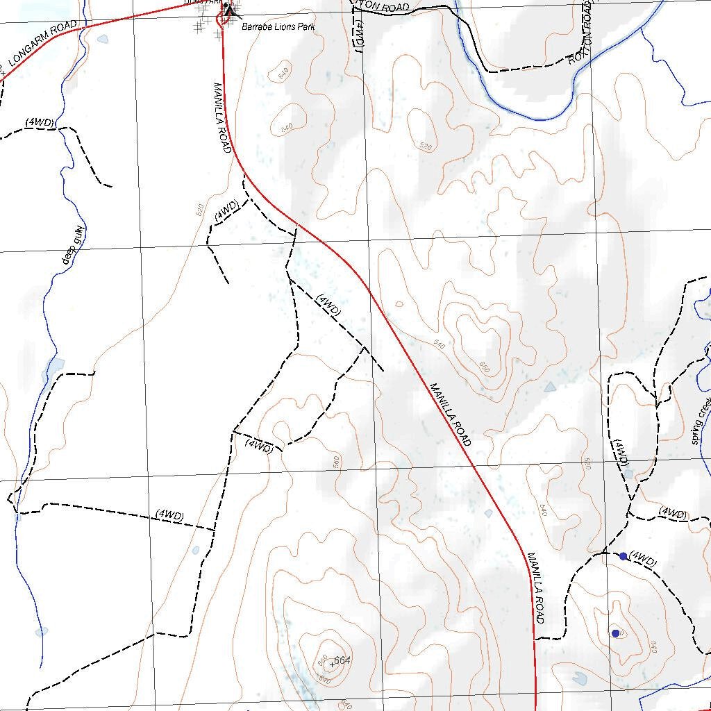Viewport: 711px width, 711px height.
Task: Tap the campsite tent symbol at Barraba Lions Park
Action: click(230, 8)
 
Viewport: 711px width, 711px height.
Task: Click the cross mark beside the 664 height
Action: click(331, 664)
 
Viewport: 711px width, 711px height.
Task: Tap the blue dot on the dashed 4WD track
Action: click(623, 556)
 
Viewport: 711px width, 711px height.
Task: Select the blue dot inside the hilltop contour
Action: click(615, 633)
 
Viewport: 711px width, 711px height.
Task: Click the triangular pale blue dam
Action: click(551, 386)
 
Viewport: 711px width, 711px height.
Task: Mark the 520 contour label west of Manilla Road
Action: click(201, 210)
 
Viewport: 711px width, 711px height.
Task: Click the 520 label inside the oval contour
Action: click(426, 147)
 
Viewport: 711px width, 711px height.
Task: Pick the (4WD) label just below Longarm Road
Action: click(40, 122)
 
